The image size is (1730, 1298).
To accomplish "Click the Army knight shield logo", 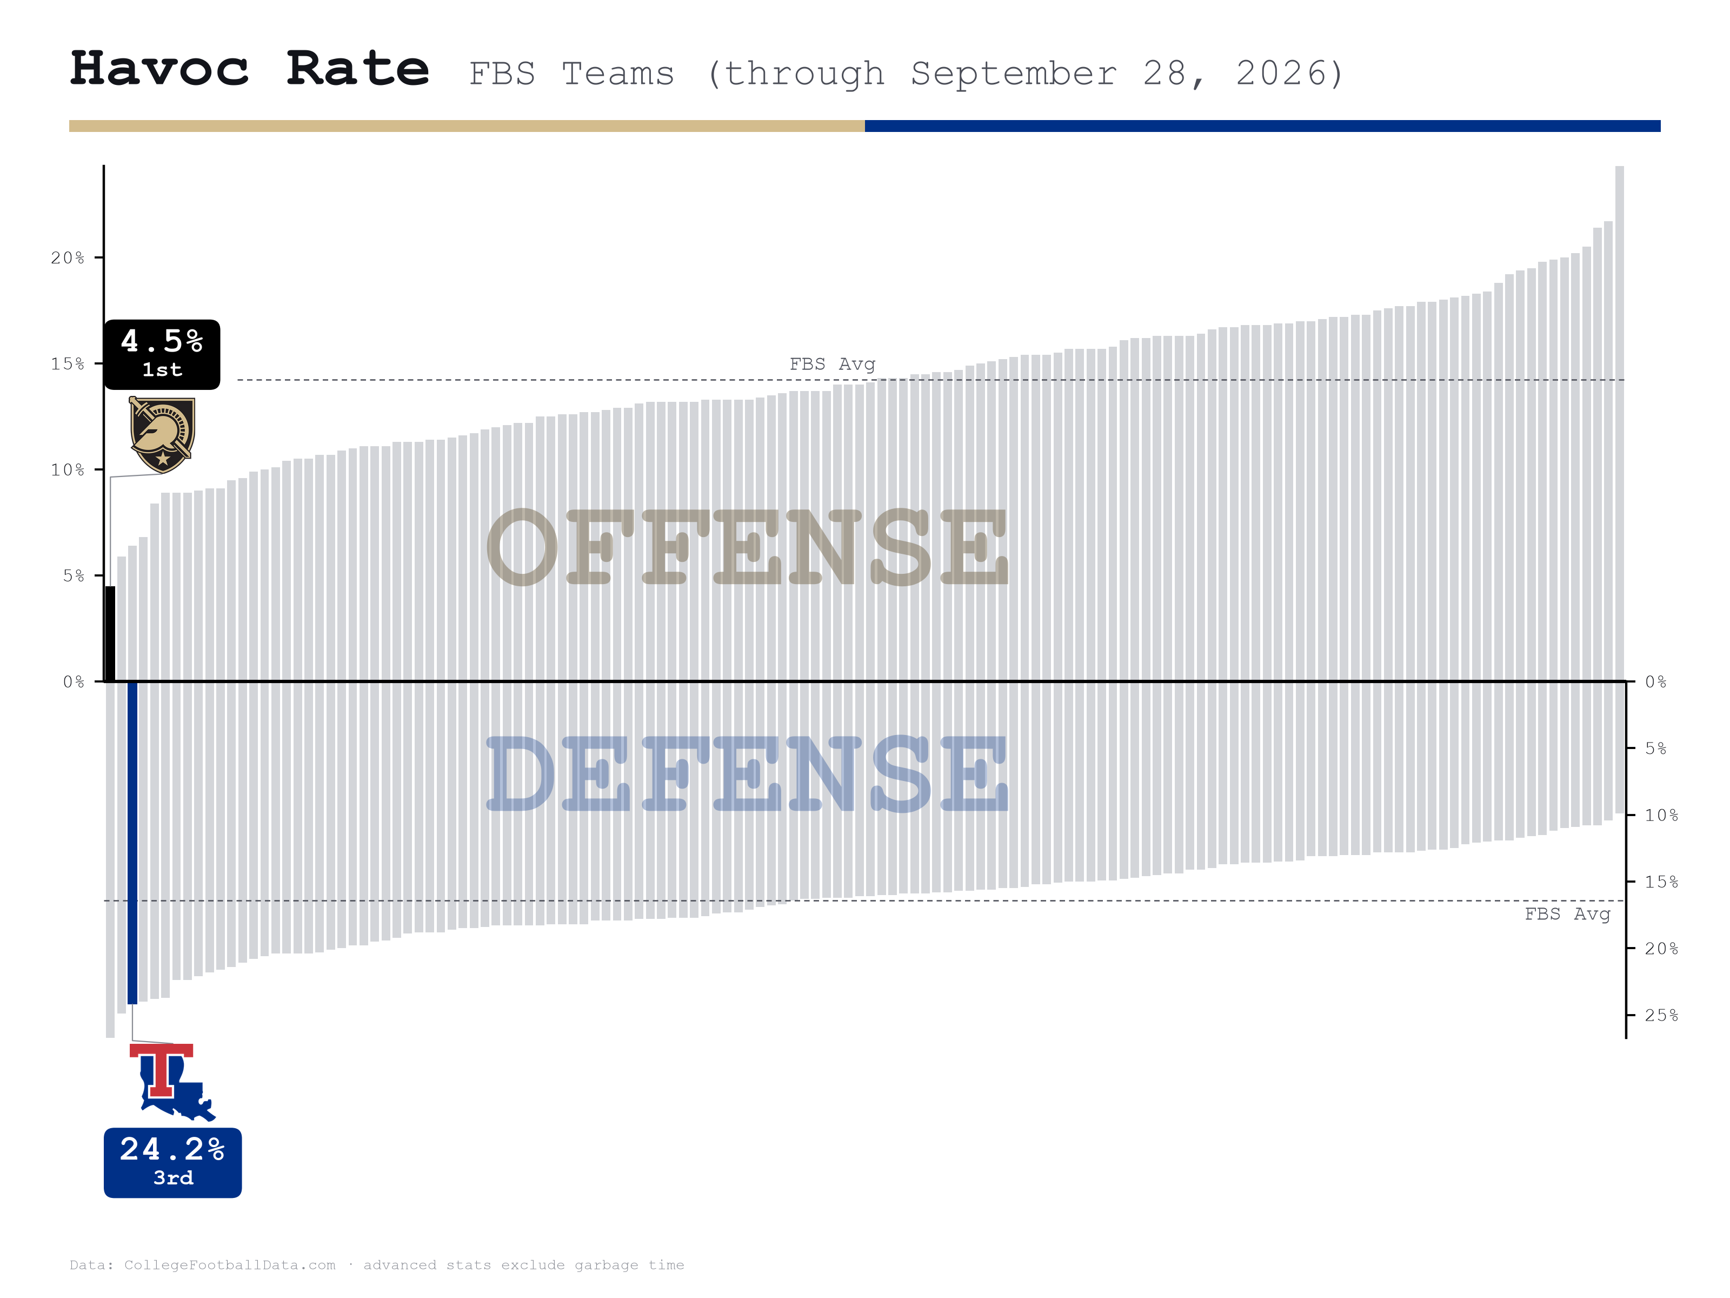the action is [162, 435].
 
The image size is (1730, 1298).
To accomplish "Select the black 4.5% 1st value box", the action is [162, 354].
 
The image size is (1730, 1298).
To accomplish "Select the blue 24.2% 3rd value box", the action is [173, 1163].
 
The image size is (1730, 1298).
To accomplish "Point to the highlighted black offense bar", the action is [110, 634].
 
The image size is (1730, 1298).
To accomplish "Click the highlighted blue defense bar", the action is [132, 843].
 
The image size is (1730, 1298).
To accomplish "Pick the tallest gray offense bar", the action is [1620, 423].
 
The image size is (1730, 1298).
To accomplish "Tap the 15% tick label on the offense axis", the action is [68, 364].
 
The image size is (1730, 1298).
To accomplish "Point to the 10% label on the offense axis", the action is [68, 469].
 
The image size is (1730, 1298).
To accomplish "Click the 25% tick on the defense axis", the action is [1631, 1015].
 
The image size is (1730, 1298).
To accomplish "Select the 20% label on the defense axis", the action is [1662, 948].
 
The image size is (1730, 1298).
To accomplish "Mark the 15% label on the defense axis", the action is [1662, 882].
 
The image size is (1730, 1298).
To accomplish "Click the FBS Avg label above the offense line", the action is [832, 364].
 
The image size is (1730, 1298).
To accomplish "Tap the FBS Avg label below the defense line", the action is [1567, 914].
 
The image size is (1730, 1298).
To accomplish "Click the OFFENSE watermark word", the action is [748, 547].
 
